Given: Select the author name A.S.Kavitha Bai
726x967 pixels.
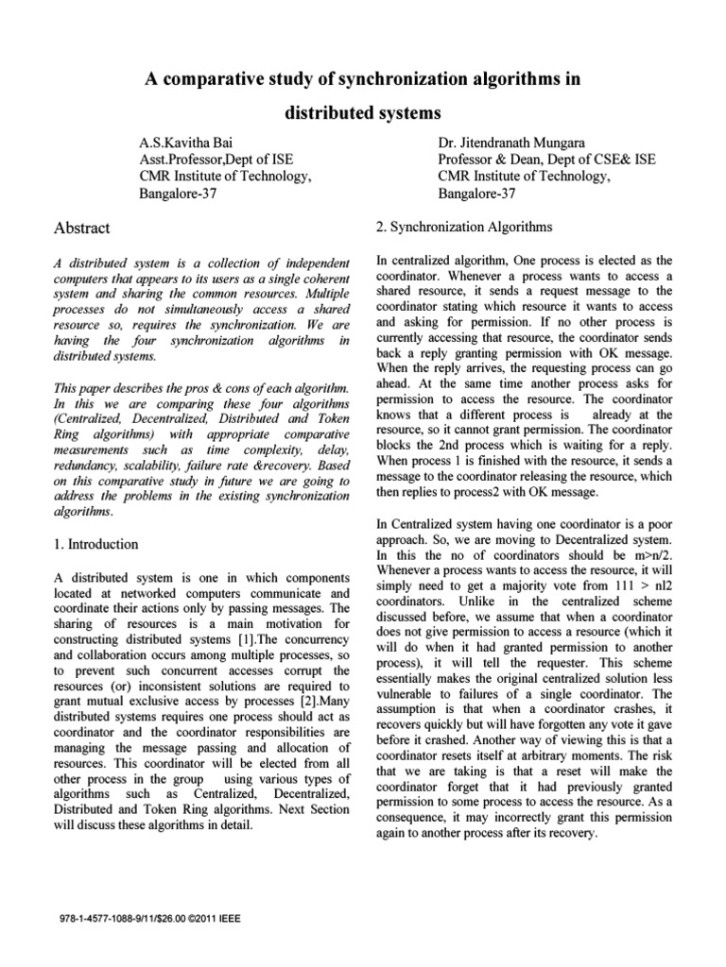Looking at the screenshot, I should [187, 140].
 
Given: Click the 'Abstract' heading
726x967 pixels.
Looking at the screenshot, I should [83, 228].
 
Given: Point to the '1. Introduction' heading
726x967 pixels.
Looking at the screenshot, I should [95, 544].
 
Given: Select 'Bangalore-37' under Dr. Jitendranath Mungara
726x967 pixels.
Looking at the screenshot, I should [476, 194].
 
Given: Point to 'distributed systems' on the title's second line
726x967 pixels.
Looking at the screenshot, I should [363, 113].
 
